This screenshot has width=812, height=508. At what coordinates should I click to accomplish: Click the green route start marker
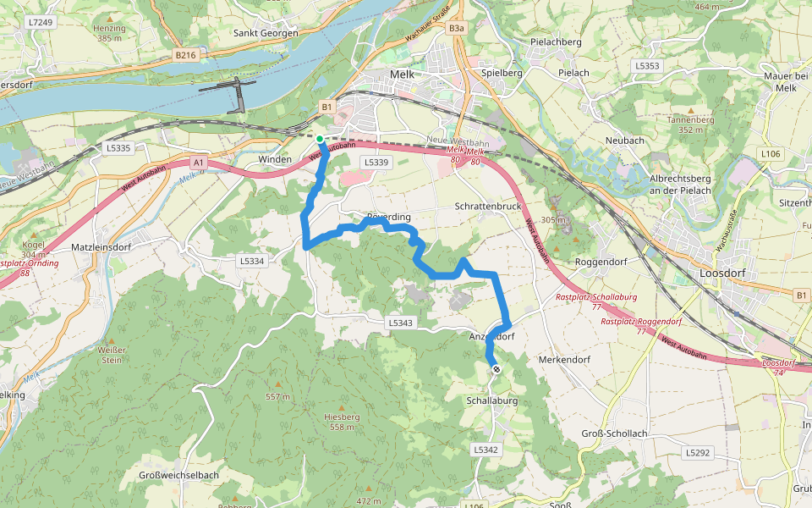click(x=320, y=139)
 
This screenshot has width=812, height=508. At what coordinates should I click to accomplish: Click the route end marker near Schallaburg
click(x=497, y=369)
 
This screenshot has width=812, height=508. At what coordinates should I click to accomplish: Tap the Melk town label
click(x=401, y=75)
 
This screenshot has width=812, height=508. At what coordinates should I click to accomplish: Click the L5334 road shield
click(x=252, y=261)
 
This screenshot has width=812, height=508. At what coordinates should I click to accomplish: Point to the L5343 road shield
click(x=400, y=323)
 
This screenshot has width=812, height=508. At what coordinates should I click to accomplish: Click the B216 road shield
click(x=185, y=54)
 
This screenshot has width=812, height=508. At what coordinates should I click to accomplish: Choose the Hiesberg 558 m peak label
click(x=342, y=422)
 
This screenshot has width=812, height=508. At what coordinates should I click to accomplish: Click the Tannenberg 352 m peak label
click(x=691, y=124)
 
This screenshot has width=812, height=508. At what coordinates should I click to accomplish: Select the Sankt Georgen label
click(x=266, y=34)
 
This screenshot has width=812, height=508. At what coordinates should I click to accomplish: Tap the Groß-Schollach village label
click(x=615, y=433)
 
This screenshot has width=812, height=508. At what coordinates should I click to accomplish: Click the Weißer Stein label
click(x=112, y=355)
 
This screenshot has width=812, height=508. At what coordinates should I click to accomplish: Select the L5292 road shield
click(x=698, y=453)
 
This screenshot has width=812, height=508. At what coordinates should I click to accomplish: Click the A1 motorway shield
click(x=198, y=162)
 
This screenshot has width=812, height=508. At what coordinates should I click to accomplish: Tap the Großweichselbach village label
click(x=178, y=476)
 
